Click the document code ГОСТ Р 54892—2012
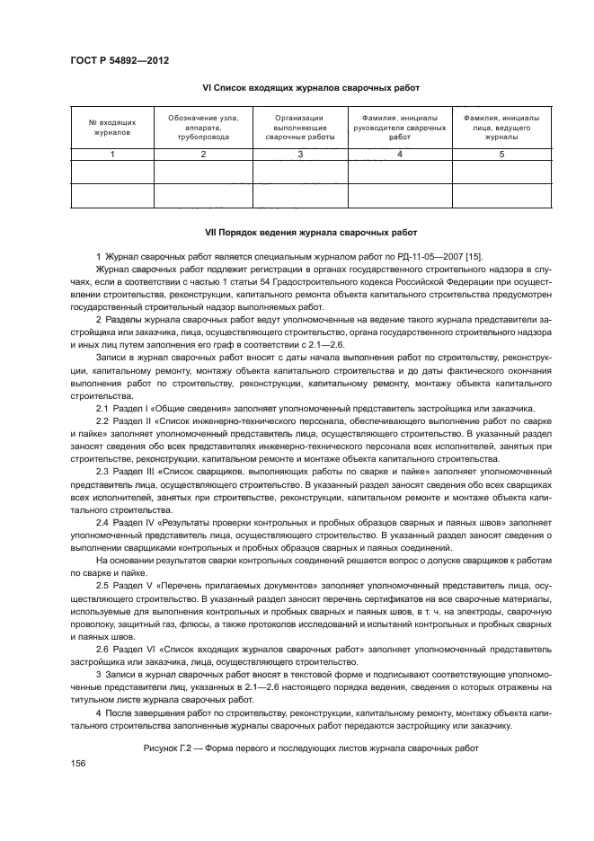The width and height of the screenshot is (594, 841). click(x=120, y=60)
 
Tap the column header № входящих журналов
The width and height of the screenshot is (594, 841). click(x=112, y=127)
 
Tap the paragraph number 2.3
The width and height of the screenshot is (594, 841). click(x=102, y=471)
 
